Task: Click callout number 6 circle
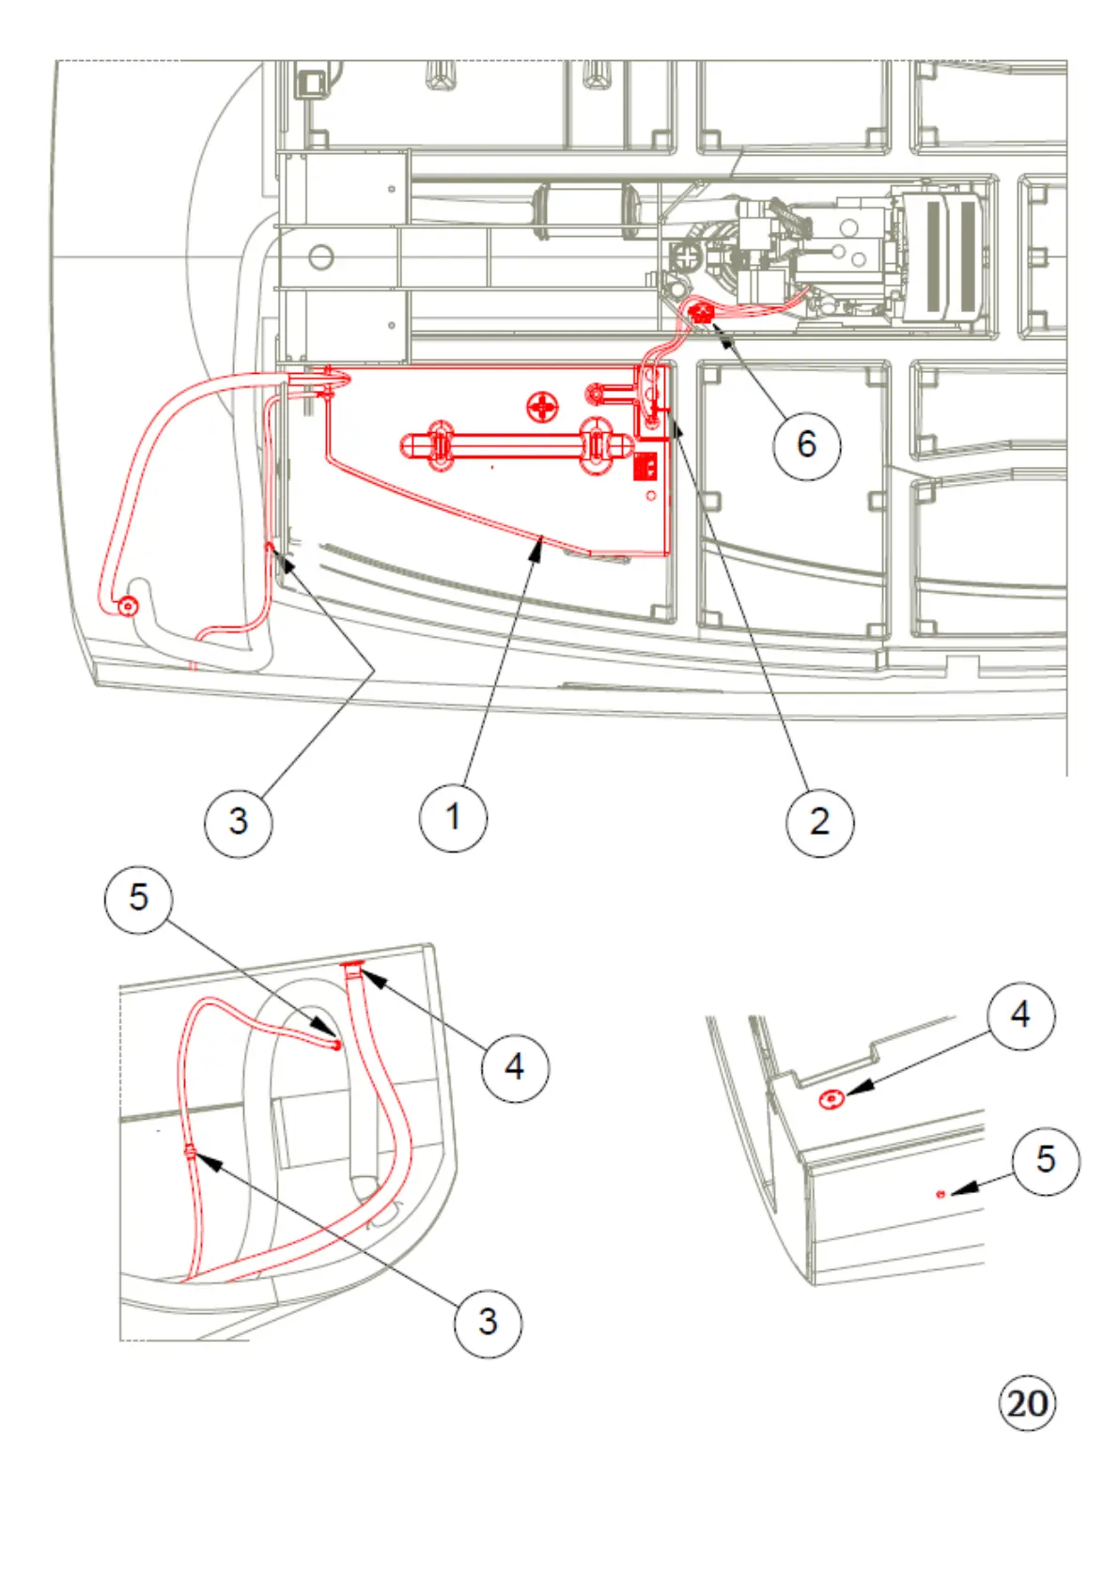click(806, 444)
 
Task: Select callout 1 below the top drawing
click(453, 817)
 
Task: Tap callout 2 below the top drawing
click(819, 822)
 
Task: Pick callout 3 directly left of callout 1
click(238, 822)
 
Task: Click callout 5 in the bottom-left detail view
click(138, 898)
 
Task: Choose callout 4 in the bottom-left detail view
click(515, 1067)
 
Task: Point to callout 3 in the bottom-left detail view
click(487, 1323)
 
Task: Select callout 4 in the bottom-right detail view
click(1020, 1016)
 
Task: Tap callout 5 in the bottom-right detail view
click(1045, 1160)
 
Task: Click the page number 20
click(1026, 1404)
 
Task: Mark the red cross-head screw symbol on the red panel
click(543, 407)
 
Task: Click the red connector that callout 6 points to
click(701, 311)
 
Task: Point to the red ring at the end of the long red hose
click(127, 606)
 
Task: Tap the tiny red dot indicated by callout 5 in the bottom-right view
click(940, 1194)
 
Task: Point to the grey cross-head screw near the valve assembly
click(690, 255)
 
